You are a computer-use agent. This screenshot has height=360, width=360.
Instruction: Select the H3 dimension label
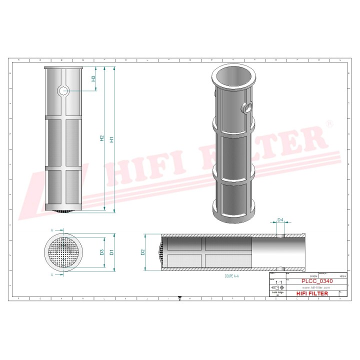click(x=93, y=79)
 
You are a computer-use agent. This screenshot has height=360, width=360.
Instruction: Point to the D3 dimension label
click(x=101, y=252)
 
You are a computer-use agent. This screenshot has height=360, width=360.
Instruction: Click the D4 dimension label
click(x=280, y=220)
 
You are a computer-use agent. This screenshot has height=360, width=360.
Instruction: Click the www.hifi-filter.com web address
click(x=313, y=288)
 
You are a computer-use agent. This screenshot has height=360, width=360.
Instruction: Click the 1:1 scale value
click(x=277, y=282)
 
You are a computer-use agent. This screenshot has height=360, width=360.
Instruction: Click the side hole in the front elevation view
click(x=62, y=90)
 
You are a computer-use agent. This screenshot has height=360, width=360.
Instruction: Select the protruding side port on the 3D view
click(x=248, y=107)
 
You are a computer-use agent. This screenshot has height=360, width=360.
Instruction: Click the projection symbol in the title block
click(x=277, y=288)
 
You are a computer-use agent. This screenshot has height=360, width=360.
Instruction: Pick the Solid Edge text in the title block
click(x=277, y=293)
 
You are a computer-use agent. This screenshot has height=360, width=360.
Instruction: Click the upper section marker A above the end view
click(x=52, y=229)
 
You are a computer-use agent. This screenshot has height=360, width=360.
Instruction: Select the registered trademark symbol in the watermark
click(x=328, y=123)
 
